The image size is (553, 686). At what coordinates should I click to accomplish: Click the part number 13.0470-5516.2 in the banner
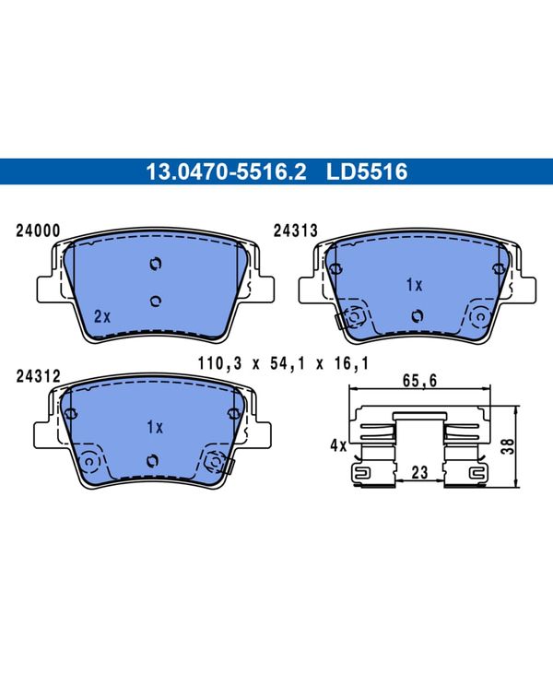point(226,171)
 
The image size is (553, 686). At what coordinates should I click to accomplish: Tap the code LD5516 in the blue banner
point(367,171)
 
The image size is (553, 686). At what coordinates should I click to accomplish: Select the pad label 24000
point(38,231)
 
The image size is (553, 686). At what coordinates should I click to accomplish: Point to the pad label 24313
point(296,231)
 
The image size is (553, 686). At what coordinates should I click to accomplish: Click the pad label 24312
point(38,376)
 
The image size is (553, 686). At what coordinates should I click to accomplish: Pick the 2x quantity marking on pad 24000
point(102,316)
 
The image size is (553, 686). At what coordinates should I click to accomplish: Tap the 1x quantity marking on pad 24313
point(414,285)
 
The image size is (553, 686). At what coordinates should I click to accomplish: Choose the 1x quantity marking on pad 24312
point(155,428)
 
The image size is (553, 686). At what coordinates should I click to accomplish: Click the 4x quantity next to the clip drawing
point(338,446)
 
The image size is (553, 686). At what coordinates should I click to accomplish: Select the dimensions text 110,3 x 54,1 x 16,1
point(283,363)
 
